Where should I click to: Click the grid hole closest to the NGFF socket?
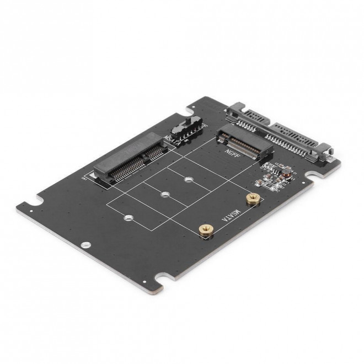[189, 179]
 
